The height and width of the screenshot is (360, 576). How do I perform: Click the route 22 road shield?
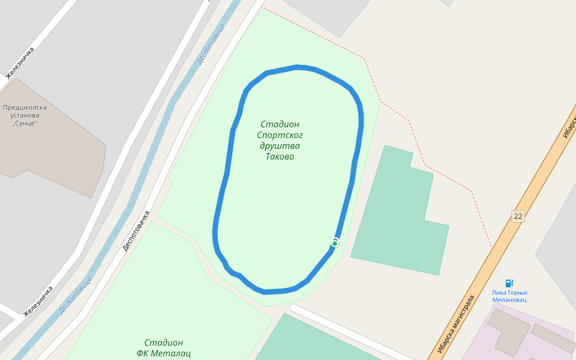pos(518,216)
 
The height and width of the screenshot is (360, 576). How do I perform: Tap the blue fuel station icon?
pos(509,283)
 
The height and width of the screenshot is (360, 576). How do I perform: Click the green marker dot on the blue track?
pos(335,243)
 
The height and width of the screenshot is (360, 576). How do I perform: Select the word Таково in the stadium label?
pos(280,157)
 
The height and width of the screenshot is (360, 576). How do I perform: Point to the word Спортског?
pos(280,135)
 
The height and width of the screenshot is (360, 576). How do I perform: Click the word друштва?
pos(280,146)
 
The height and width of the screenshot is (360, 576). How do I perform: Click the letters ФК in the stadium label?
pos(143,353)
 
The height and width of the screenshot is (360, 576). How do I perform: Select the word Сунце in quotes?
pos(25,123)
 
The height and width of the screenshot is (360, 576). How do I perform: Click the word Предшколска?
pos(25,107)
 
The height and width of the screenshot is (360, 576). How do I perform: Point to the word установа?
pos(25,115)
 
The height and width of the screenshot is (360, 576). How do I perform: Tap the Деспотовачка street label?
pos(136,230)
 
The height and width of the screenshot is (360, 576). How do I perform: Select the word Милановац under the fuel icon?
pos(509,299)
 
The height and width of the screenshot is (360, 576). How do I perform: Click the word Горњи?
pos(516,293)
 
